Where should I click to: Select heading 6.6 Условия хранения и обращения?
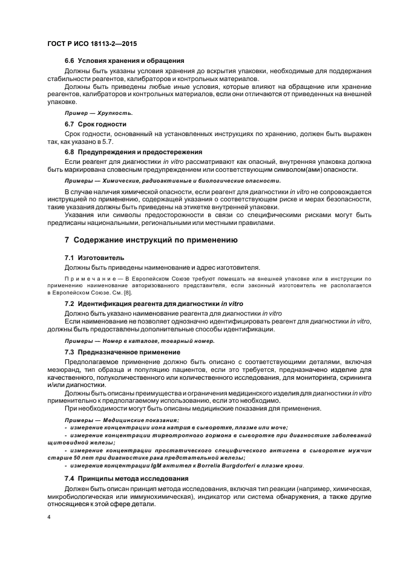pos(124,60)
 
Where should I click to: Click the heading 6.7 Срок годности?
pos(96,123)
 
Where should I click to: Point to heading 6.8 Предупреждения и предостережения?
pos(133,152)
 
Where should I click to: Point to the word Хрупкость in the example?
pos(116,113)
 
